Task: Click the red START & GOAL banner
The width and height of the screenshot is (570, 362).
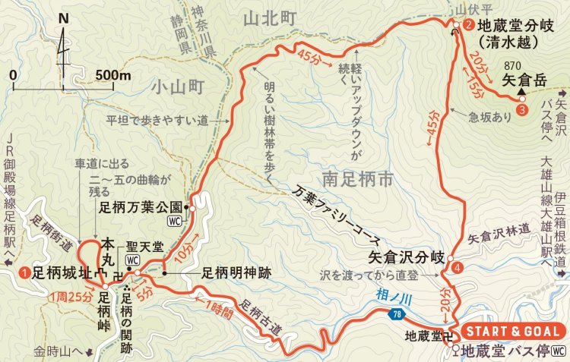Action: [513, 332]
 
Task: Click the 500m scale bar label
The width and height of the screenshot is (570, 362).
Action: [114, 75]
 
